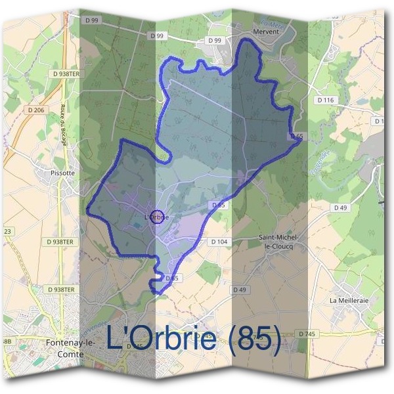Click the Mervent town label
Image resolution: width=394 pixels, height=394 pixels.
click(x=267, y=30)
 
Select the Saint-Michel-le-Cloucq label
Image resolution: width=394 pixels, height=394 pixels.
click(x=279, y=241)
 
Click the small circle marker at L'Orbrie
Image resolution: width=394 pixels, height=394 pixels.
click(x=156, y=216)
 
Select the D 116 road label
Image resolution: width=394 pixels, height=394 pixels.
click(x=325, y=100)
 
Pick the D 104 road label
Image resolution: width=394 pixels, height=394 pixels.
click(x=219, y=242)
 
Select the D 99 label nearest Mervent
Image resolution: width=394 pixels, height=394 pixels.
click(x=214, y=41)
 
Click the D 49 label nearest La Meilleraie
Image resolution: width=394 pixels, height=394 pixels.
click(x=340, y=208)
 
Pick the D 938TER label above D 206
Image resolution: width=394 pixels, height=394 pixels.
click(x=64, y=75)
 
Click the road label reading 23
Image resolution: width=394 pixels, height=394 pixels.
click(x=8, y=231)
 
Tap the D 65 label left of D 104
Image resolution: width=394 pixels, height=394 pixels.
click(x=219, y=206)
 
